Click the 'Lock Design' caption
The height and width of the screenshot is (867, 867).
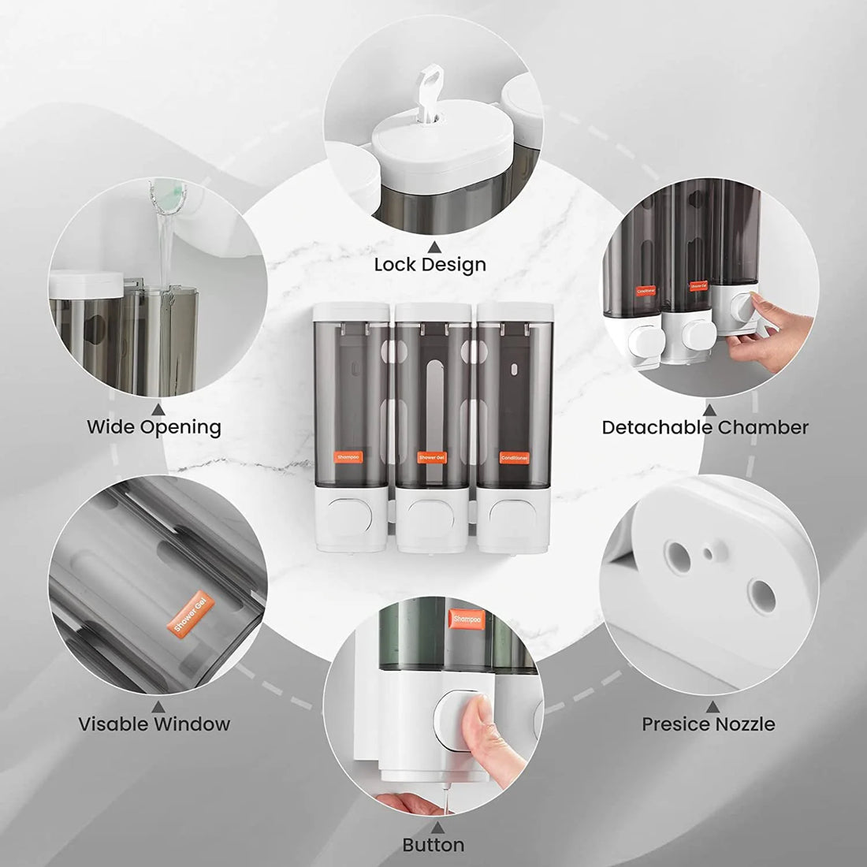click(430, 264)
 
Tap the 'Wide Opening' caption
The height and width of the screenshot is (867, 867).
click(154, 427)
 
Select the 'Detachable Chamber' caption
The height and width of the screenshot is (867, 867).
click(705, 427)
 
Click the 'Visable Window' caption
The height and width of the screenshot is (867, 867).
click(154, 724)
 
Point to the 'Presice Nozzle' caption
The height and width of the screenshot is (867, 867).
click(708, 724)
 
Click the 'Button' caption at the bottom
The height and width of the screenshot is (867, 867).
click(433, 845)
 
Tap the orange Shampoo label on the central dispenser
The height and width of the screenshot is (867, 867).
click(348, 456)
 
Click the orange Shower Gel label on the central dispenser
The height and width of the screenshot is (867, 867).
click(431, 457)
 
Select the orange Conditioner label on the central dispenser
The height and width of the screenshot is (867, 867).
click(514, 456)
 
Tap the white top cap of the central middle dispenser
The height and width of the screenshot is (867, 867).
click(431, 312)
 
